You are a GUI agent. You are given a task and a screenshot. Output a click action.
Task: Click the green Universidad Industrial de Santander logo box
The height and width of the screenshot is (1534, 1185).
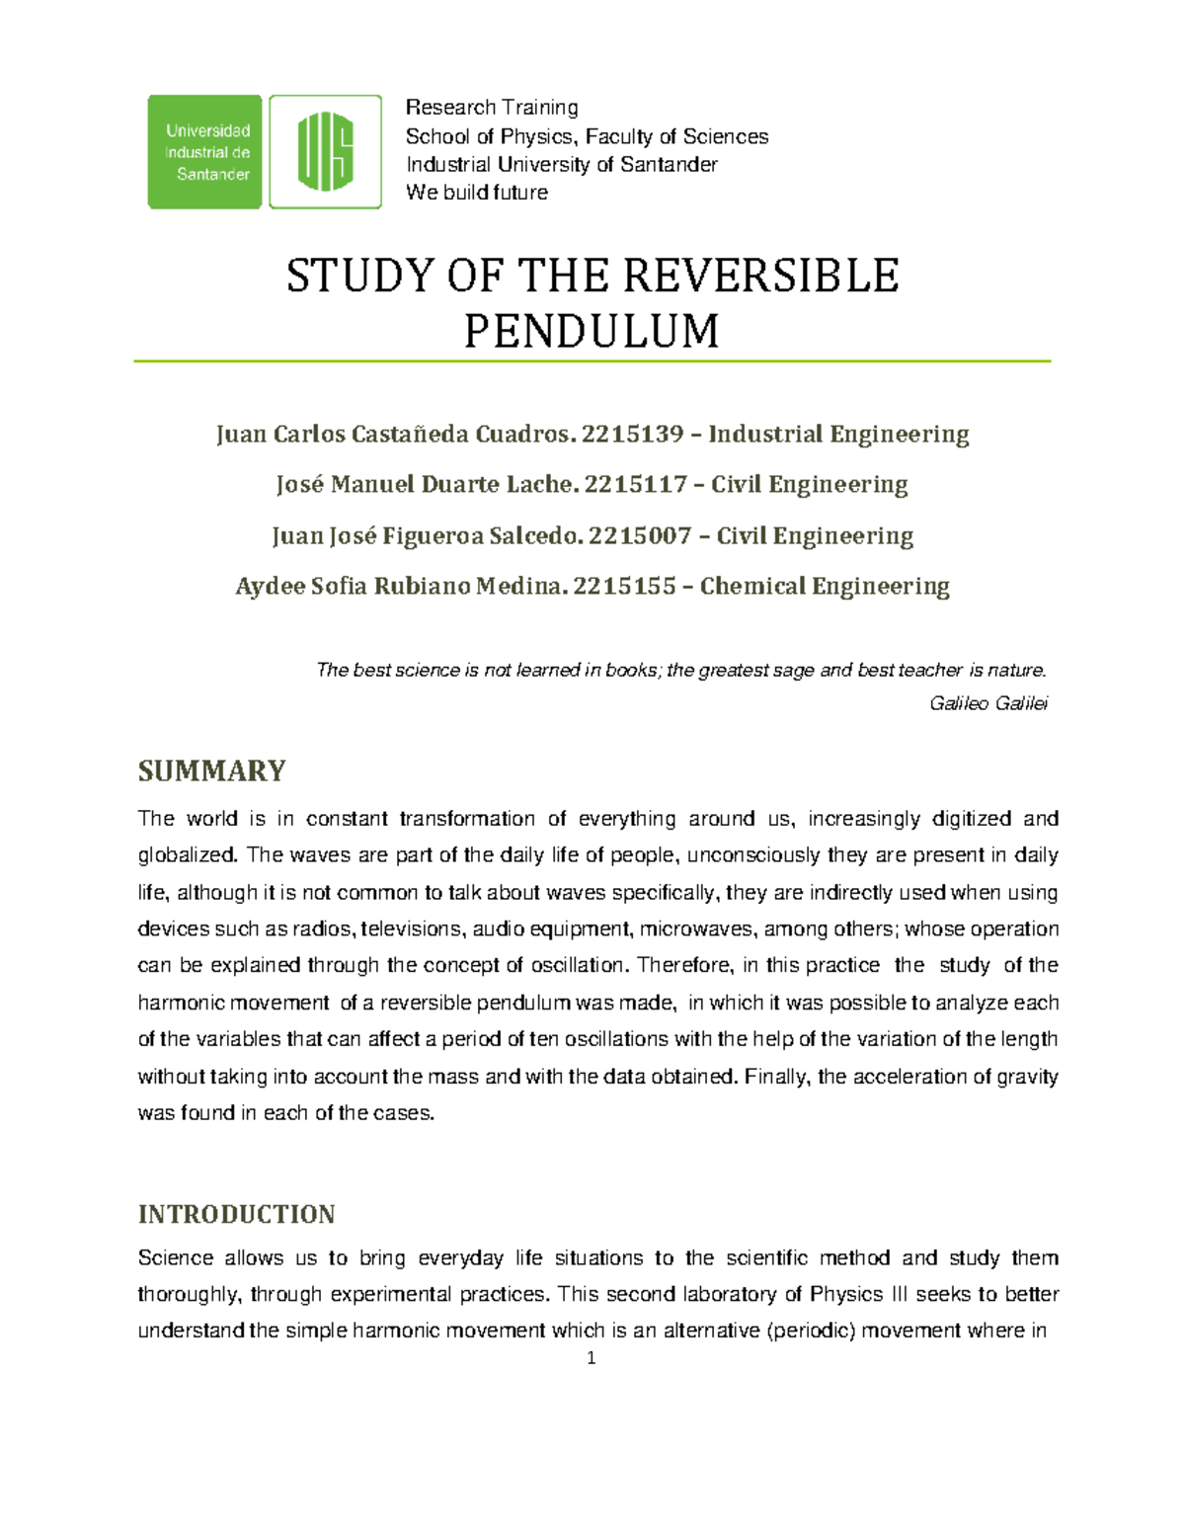coord(204,152)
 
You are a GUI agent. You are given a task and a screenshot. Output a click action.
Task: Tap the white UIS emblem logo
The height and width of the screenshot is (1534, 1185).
coord(325,152)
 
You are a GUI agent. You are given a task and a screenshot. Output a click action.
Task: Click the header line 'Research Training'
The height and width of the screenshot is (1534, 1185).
coord(492,107)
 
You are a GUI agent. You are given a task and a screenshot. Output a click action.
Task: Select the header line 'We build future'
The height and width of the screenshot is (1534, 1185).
coord(476,193)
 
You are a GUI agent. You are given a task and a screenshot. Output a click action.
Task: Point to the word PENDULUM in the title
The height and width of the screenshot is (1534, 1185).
coord(592,331)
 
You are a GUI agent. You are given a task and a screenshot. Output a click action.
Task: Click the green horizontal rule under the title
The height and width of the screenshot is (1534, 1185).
coord(592,362)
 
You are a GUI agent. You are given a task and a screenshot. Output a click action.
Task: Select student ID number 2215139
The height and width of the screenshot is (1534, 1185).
coord(632,435)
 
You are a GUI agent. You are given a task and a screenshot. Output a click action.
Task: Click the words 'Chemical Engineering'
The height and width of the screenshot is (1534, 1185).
coord(825,587)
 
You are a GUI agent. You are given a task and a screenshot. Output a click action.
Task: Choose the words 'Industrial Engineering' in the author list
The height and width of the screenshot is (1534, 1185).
coord(838,435)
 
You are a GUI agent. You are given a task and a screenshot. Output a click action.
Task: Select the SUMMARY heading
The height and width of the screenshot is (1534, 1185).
coord(211,770)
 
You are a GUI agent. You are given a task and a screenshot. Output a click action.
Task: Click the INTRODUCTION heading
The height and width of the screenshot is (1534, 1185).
coord(236,1214)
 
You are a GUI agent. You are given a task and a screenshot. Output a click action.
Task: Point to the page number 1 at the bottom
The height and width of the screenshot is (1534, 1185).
coord(591,1358)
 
